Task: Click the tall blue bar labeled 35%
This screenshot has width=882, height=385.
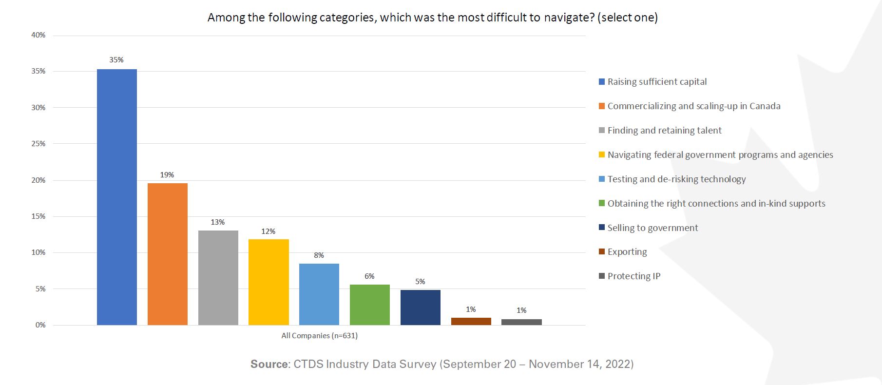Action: pos(117,197)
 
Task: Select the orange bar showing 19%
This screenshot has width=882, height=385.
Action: pos(168,254)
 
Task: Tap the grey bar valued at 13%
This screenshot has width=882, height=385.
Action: pos(218,278)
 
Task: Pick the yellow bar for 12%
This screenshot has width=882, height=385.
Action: pos(268,282)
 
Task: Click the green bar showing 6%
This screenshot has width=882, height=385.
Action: pos(370,305)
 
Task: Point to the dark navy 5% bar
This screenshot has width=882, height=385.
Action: pos(421,308)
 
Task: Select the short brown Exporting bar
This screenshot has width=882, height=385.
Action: pos(471,321)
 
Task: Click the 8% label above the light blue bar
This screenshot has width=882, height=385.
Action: pos(319,255)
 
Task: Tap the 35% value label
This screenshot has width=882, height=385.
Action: pos(116,60)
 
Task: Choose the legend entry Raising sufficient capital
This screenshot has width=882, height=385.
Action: pos(657,82)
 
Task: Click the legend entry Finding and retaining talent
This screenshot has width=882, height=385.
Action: pos(664,131)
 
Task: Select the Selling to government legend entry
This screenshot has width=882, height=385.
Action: pos(652,228)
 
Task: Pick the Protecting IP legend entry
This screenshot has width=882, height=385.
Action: pos(633,276)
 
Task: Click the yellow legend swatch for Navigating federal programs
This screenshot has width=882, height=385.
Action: pos(602,155)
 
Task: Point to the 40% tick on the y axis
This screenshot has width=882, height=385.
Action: pos(38,35)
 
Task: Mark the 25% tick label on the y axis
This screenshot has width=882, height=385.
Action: pos(38,144)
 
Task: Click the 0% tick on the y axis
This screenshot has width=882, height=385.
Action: pos(40,325)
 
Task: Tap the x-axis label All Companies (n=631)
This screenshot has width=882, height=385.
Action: pos(319,336)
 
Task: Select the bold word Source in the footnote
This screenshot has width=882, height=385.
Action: pos(269,364)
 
